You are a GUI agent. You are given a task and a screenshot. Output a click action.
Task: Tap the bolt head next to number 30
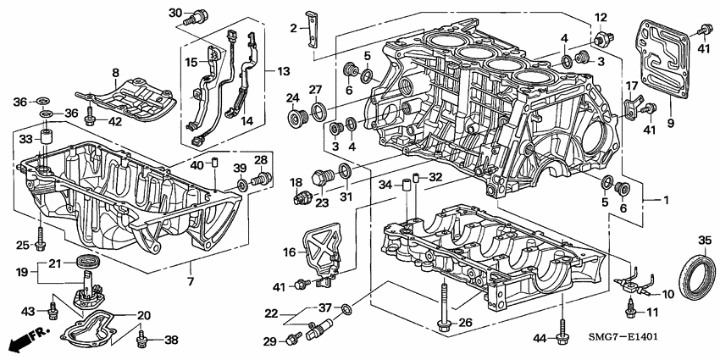(x=200, y=14)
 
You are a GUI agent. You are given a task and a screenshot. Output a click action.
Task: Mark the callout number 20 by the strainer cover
(x=143, y=314)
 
